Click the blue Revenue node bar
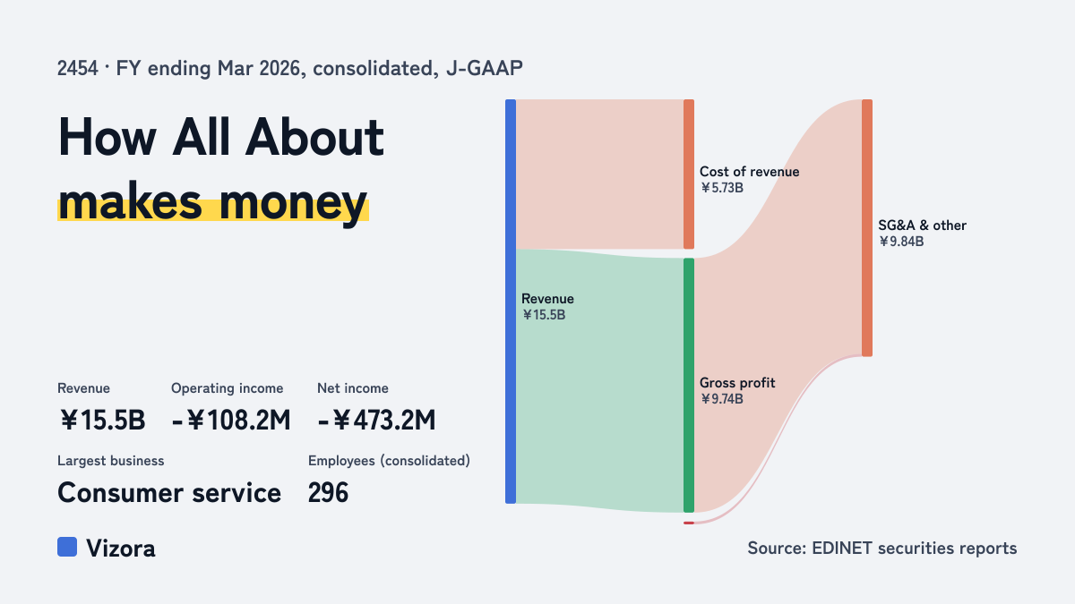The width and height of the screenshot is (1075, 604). click(511, 302)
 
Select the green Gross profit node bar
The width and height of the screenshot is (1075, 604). click(689, 386)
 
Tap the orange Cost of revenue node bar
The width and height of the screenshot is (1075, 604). click(689, 174)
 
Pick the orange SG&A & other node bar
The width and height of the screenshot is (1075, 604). click(867, 227)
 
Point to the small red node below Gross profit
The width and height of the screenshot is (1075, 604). click(689, 523)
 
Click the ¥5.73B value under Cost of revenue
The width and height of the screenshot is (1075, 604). click(722, 188)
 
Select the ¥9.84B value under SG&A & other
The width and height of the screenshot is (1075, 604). click(901, 242)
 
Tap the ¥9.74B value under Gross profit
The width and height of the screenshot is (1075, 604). click(722, 399)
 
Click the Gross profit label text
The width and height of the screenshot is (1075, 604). click(737, 383)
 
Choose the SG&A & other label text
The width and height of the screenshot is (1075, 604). click(922, 225)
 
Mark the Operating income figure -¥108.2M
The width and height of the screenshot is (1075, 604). click(231, 421)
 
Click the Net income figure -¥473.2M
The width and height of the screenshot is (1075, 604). click(377, 421)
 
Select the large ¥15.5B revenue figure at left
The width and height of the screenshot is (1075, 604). click(102, 421)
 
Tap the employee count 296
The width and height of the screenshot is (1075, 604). click(328, 493)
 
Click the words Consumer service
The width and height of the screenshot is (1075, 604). click(169, 493)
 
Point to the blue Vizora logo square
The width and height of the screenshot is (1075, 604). click(67, 547)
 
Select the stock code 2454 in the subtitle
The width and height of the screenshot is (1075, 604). click(77, 69)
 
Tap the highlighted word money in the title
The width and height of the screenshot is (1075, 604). click(293, 203)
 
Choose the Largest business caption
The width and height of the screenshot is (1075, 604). click(111, 461)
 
